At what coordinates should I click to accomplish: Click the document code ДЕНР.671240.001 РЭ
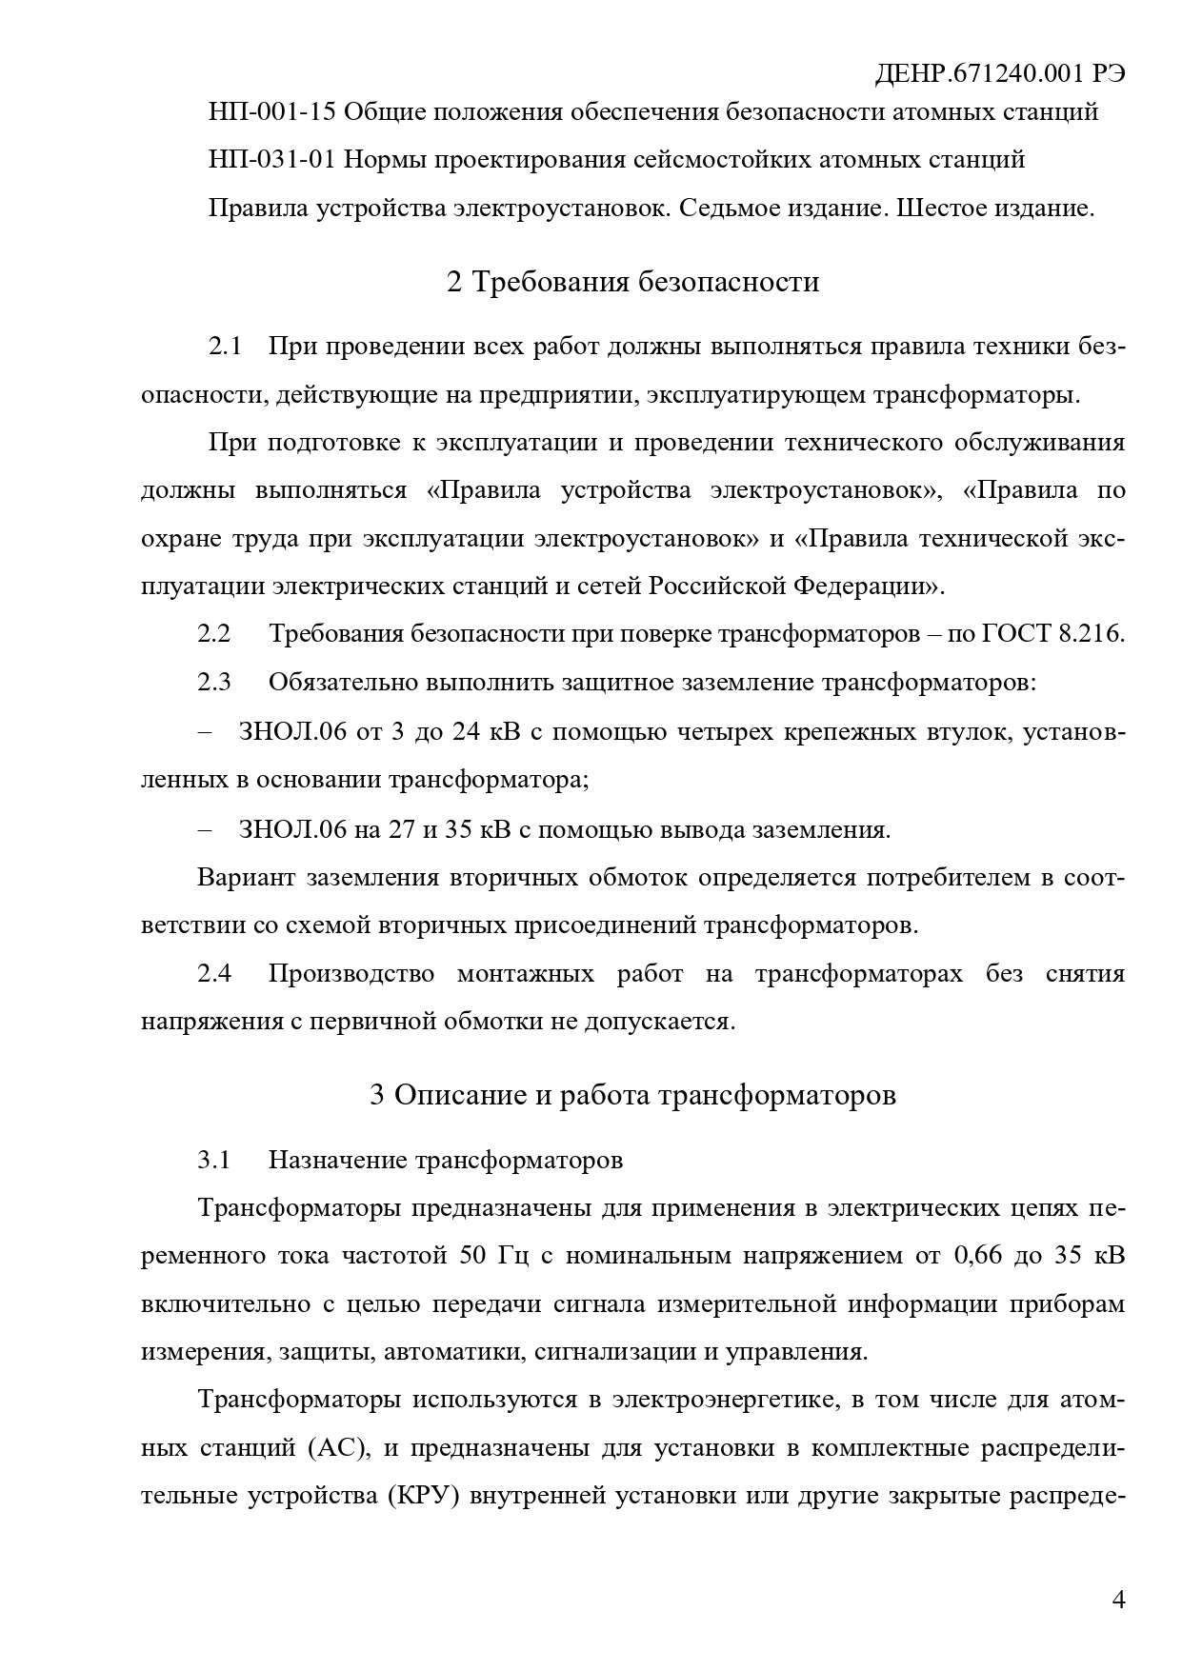(999, 74)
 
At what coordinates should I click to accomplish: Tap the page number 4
(1119, 1599)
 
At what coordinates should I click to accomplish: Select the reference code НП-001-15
(271, 112)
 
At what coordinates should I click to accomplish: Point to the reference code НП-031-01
(271, 159)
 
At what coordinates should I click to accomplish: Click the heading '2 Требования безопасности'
(632, 282)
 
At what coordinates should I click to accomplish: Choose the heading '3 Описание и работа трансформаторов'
(632, 1094)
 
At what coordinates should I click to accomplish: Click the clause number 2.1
(226, 346)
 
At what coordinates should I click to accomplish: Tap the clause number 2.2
(214, 633)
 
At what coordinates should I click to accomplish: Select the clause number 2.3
(214, 682)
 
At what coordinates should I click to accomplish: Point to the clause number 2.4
(214, 973)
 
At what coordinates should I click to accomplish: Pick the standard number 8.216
(1092, 633)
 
